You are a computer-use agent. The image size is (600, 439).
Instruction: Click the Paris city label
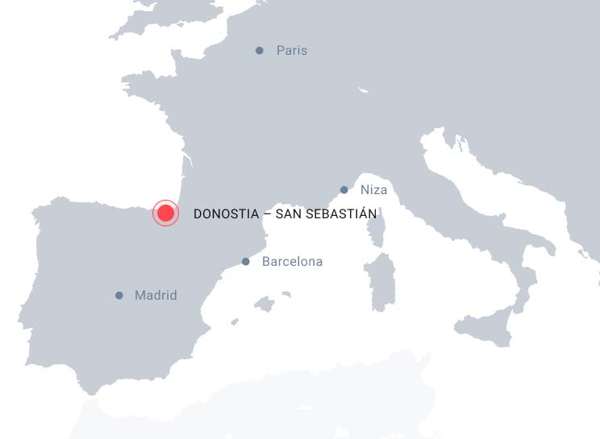point(291,51)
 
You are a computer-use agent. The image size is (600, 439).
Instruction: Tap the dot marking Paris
point(260,51)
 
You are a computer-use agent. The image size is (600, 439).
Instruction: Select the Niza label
point(373,190)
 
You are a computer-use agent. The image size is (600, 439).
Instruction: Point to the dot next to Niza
point(344,190)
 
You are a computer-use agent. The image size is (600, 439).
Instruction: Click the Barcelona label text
point(292,262)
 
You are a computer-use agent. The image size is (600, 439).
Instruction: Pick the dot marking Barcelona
point(246,262)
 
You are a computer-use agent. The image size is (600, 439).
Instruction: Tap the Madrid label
point(156,296)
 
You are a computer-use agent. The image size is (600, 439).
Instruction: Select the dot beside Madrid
point(119,296)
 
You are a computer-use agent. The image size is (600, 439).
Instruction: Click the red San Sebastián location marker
point(165,213)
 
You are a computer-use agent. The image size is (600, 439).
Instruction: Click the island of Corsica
point(375,230)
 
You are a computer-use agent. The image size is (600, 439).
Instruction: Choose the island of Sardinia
point(380,282)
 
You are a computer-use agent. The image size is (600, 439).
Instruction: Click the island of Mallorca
point(264,304)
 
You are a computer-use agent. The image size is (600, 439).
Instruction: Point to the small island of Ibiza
point(235,321)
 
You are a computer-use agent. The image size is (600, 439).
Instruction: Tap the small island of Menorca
point(286,295)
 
